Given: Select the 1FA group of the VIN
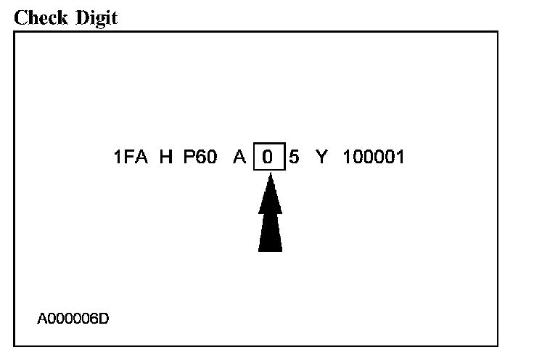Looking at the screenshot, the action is [131, 157].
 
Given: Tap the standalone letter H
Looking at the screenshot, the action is [166, 157].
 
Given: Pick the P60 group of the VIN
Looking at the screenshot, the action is [200, 157].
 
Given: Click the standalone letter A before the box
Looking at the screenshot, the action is [239, 157].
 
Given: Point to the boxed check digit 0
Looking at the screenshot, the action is [269, 157].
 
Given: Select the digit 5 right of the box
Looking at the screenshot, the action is [295, 157].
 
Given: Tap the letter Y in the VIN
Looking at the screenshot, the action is [321, 157].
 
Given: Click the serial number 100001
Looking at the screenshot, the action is [374, 157].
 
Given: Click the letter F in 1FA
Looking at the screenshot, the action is [131, 157].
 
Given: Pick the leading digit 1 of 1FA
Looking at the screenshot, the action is [118, 157].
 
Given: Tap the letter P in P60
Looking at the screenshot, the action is [189, 157].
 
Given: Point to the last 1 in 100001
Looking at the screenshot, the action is [400, 157].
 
